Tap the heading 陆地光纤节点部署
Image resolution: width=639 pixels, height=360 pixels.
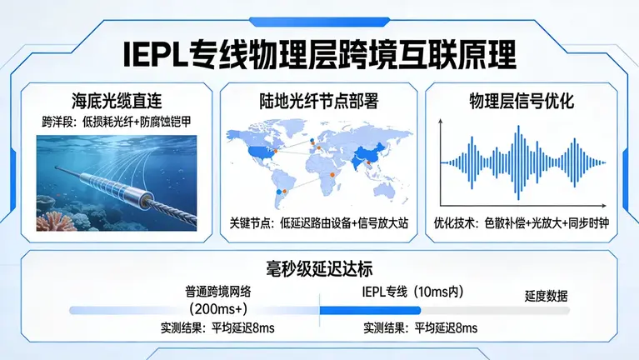[x=318, y=102]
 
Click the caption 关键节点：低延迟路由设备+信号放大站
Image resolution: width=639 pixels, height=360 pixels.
[x=318, y=224]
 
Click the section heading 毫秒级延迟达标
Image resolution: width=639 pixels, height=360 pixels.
[x=319, y=268]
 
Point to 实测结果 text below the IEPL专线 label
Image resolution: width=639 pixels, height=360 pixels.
[x=421, y=328]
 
